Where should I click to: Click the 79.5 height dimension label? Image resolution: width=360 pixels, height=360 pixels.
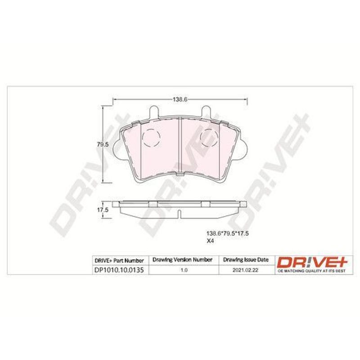103,144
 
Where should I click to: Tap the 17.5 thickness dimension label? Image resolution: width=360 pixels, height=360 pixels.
103,210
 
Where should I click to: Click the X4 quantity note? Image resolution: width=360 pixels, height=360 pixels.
210,241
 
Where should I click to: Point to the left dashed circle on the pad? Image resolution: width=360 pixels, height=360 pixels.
151,138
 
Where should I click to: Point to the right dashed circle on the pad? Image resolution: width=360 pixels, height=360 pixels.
209,138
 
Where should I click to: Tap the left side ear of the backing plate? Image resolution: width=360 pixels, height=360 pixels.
117,149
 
